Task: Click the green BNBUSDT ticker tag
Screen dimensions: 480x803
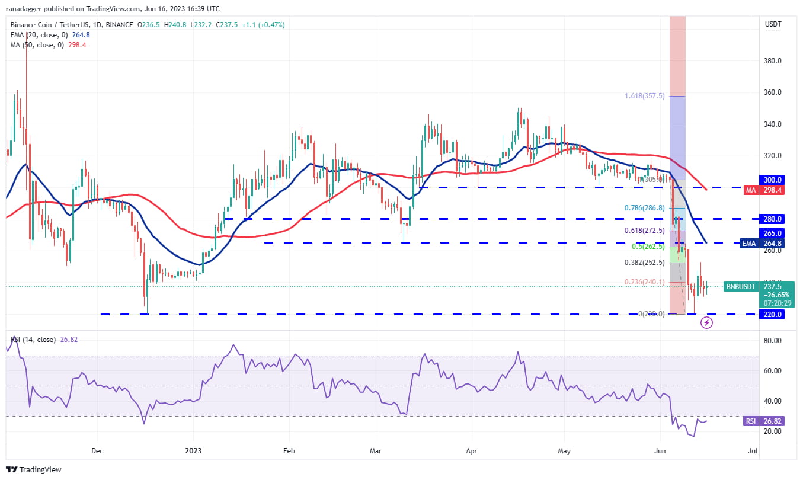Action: pos(741,287)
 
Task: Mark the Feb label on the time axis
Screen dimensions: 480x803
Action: pos(289,450)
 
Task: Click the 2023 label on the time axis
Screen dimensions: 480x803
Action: pos(194,450)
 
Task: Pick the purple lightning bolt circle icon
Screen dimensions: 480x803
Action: pos(706,323)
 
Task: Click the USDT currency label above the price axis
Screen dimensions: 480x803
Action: pos(773,24)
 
